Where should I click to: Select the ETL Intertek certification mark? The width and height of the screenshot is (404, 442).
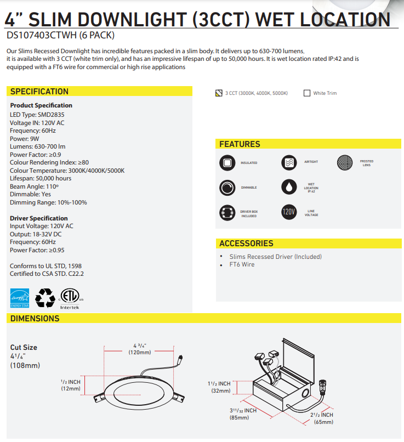coord(70,296)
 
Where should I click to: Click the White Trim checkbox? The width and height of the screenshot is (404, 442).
coord(307,93)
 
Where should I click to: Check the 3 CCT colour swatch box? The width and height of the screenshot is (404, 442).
coord(219,93)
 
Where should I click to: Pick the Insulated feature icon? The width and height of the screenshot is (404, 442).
coord(226,162)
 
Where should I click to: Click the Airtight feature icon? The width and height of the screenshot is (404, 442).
coord(288,162)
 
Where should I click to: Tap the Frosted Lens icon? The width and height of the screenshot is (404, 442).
coord(344,162)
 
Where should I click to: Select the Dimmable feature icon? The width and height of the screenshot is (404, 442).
coord(226,188)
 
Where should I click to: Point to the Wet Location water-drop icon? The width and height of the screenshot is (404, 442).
coord(288,187)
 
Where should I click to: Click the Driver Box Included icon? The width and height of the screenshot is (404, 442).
coord(226,212)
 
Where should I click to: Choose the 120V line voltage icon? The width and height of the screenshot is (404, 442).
coord(288,212)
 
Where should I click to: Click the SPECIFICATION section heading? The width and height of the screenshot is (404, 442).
coord(39,92)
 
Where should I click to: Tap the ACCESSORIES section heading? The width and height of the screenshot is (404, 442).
coord(246,243)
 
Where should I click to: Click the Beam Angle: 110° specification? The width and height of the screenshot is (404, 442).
coord(34,186)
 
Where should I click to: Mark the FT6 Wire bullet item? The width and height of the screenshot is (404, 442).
coord(242,265)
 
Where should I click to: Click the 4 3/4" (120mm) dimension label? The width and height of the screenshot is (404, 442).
coord(140,349)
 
